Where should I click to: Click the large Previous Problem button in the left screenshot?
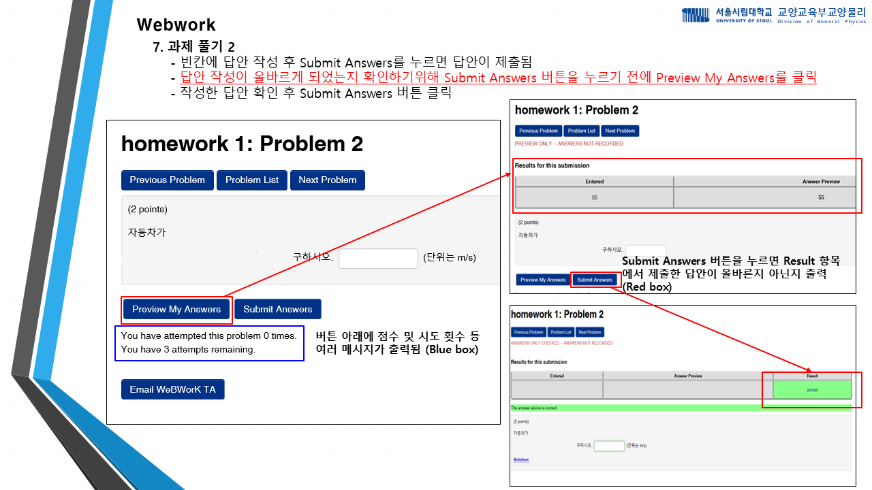(168, 180)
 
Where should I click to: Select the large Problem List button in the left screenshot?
(252, 180)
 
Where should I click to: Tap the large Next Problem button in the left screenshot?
(328, 180)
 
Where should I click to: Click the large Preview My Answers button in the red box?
(176, 310)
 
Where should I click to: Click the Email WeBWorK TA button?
(172, 390)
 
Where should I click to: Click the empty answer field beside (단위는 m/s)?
(378, 259)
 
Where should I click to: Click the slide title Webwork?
(176, 25)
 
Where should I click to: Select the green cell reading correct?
(812, 390)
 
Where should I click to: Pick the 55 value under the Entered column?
(594, 197)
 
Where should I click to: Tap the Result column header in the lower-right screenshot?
(812, 376)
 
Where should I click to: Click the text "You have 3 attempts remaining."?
(188, 350)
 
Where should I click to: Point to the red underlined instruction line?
(498, 78)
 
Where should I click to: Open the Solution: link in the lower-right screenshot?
(521, 459)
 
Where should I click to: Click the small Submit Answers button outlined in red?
(594, 280)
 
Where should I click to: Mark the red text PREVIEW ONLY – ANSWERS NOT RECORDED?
(569, 144)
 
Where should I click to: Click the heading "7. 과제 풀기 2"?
(193, 47)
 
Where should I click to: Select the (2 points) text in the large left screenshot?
(148, 209)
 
